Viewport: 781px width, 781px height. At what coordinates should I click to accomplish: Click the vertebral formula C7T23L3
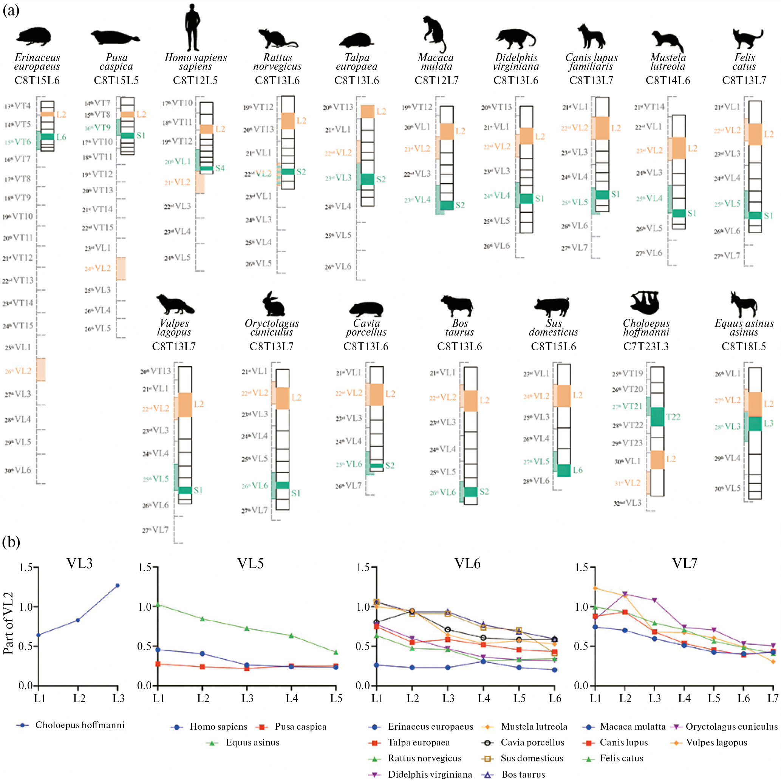(x=646, y=347)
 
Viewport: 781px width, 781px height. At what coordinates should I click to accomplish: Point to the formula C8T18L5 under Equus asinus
(x=743, y=347)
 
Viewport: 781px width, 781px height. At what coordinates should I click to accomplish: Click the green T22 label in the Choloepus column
(x=673, y=417)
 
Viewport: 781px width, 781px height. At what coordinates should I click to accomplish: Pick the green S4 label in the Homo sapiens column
(x=220, y=168)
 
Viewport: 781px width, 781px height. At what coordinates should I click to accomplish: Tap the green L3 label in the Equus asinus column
(x=768, y=423)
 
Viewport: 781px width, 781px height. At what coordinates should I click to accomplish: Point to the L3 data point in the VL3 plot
(x=118, y=585)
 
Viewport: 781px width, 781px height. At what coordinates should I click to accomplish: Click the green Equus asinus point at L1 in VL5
(x=158, y=605)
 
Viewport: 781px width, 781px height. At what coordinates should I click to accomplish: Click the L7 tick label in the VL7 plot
(x=773, y=698)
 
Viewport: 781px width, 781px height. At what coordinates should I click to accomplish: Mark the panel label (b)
(x=11, y=542)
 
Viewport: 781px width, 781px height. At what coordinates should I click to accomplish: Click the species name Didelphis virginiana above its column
(x=516, y=62)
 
